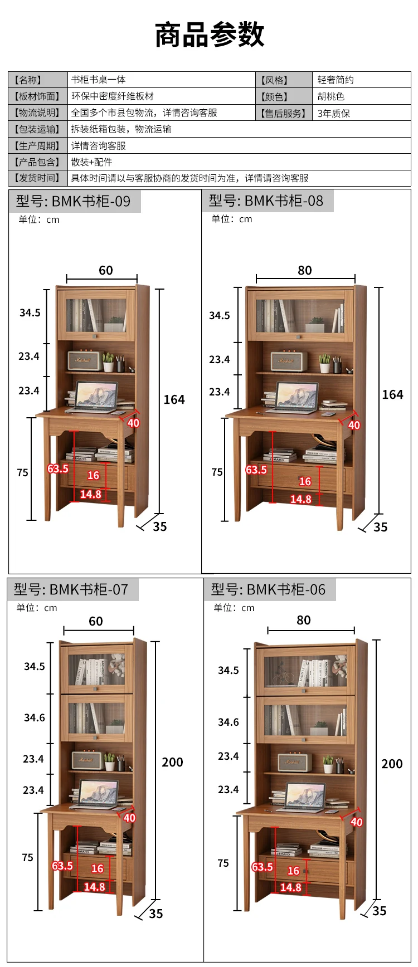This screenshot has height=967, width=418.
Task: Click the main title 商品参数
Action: tap(209, 35)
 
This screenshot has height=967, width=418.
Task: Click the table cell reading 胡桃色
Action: tap(330, 96)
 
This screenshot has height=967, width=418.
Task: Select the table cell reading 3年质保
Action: tap(333, 113)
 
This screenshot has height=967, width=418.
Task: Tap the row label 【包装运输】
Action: tap(38, 129)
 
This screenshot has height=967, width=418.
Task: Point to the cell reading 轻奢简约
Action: tap(336, 80)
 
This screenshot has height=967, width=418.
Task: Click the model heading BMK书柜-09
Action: tap(74, 201)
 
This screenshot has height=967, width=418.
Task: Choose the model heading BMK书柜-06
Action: tap(268, 589)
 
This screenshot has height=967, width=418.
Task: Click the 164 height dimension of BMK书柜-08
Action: tap(392, 394)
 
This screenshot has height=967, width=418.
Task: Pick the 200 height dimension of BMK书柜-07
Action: tap(172, 762)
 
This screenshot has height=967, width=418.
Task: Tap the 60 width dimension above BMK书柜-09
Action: tap(105, 270)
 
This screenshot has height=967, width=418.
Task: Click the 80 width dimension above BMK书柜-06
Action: tap(303, 620)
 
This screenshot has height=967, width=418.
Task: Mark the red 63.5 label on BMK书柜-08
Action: tap(256, 470)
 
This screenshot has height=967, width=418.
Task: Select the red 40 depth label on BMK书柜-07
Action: tap(129, 818)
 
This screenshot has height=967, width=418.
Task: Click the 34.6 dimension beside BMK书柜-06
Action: tap(229, 722)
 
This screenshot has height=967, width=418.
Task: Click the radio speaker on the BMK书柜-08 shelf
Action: tap(289, 360)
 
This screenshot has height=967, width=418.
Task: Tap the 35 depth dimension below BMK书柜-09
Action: tap(159, 526)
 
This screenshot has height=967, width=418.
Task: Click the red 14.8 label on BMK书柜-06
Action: tap(291, 887)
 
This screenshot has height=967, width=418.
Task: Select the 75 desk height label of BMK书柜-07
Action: tap(28, 857)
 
